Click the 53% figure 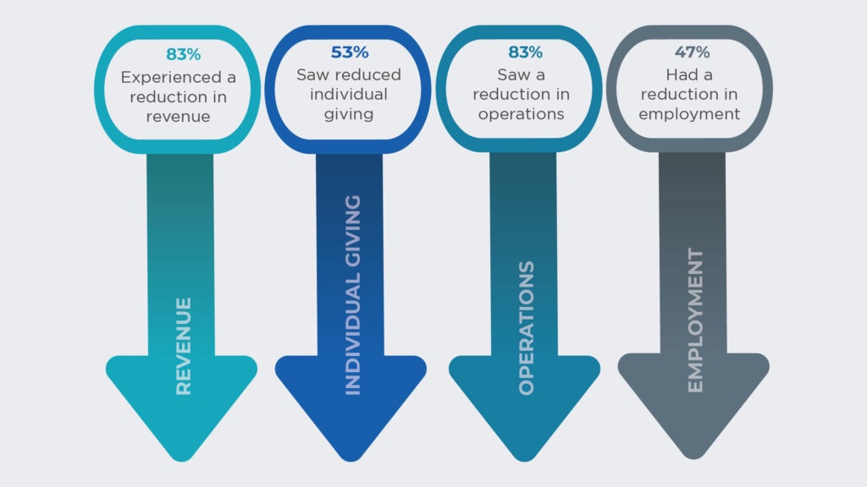pos(350,52)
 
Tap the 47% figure pos(692,52)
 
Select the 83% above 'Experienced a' pos(183,55)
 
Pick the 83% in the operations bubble pos(525,52)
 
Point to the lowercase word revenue pos(178,117)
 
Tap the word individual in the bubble pos(348,94)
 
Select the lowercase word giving pos(348,115)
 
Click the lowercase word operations pos(522,114)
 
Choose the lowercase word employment pos(689,114)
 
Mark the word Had pos(682,74)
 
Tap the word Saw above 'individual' pos(312,74)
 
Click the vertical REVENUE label pos(183,346)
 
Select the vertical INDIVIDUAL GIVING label pos(352,295)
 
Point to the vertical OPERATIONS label pos(527,328)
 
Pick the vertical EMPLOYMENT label pos(695,320)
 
